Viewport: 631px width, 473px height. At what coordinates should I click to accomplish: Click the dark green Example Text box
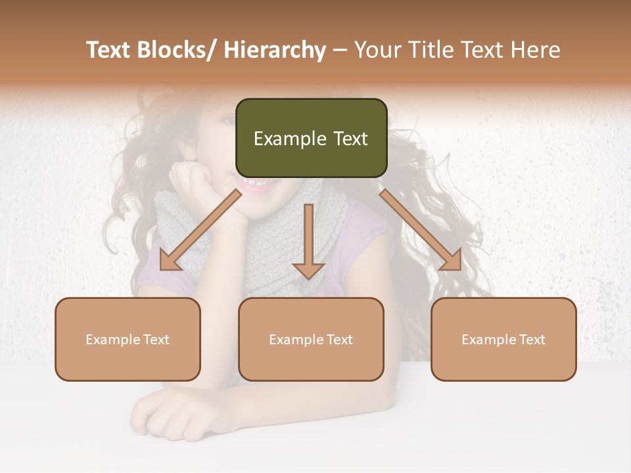tap(311, 138)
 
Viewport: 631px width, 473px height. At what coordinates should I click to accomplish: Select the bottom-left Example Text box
tap(128, 339)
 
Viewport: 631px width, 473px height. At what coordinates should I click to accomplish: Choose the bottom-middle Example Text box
tap(311, 339)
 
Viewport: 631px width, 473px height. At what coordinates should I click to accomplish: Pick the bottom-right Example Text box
tap(503, 339)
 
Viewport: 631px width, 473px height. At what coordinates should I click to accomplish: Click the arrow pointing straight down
tap(308, 243)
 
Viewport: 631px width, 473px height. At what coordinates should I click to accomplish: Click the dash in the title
tap(340, 50)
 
